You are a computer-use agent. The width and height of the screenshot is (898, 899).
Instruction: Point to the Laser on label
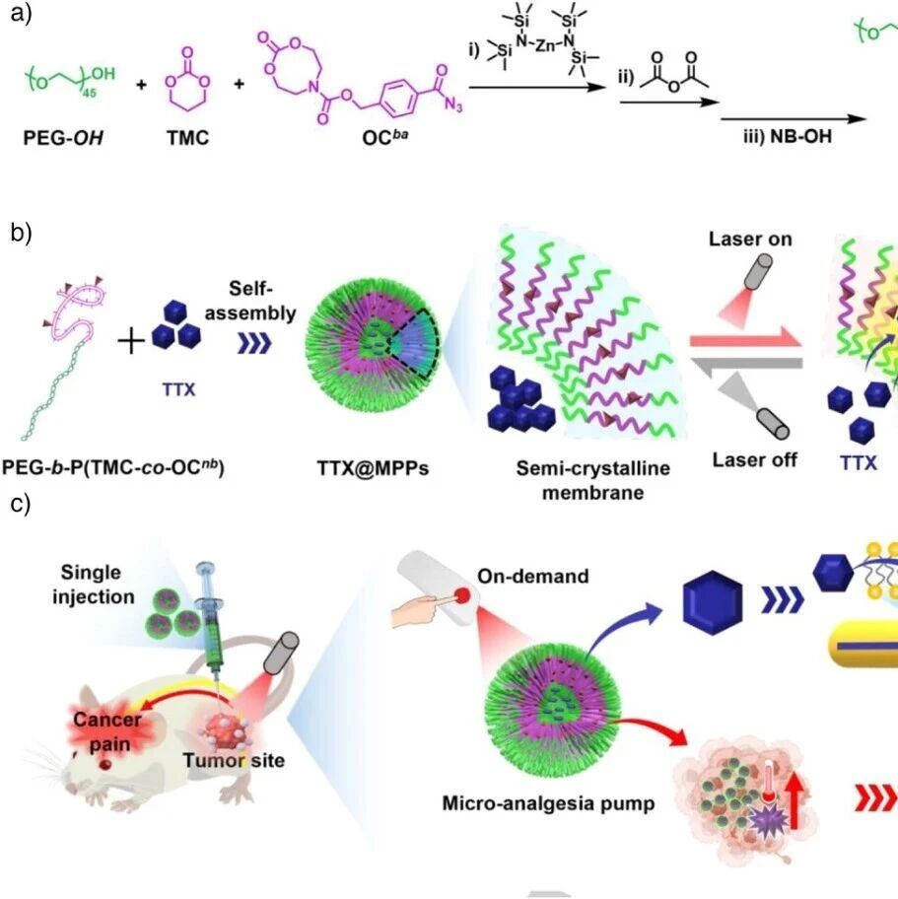(x=749, y=240)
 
